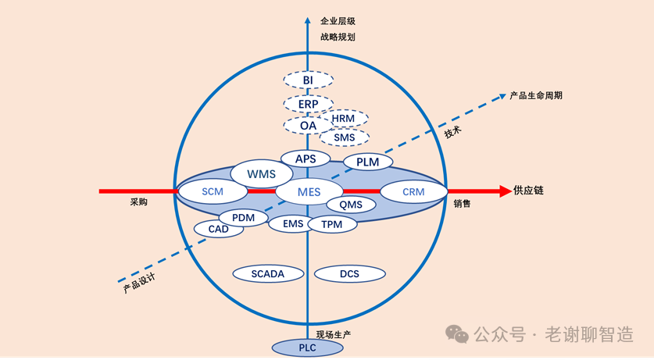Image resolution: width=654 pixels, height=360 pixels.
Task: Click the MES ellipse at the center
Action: point(309,191)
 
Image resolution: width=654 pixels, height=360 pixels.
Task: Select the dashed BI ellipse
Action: point(308,80)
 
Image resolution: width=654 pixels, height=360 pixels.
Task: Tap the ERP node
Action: point(308,103)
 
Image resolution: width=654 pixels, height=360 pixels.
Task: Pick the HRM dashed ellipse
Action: point(344,119)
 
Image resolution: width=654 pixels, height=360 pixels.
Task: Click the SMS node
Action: point(344,137)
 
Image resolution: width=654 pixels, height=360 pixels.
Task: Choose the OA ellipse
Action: point(308,125)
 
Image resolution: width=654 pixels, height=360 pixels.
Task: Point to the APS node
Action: point(306,159)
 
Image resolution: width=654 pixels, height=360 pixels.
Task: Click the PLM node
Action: point(367,162)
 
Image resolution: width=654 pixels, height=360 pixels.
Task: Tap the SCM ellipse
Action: point(213,191)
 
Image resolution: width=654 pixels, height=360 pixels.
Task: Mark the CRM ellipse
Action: point(413,191)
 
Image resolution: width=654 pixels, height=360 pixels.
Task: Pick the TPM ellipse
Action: point(332,224)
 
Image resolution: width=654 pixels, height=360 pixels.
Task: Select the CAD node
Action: point(218,230)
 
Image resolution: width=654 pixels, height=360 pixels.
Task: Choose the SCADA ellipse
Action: point(268,273)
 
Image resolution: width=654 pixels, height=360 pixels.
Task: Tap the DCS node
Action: point(349,274)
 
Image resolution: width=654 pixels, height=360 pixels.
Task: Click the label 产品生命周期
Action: point(535,95)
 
